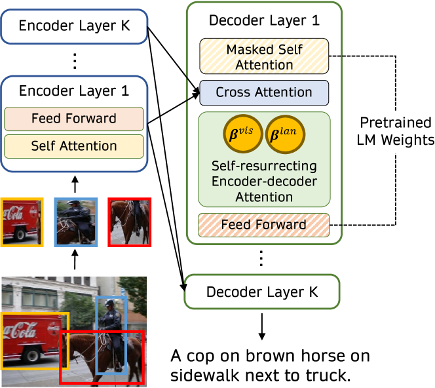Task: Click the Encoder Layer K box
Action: click(x=74, y=26)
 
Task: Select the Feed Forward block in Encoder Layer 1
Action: click(x=74, y=119)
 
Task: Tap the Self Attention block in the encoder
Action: click(x=74, y=145)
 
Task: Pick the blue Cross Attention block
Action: click(x=264, y=92)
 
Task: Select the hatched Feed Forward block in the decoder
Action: click(x=263, y=224)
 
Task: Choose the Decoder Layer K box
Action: click(x=263, y=292)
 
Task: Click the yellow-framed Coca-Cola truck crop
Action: click(x=22, y=222)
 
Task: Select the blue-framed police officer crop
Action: click(x=76, y=222)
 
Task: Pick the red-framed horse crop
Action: click(x=130, y=222)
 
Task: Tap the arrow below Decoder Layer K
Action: click(x=262, y=326)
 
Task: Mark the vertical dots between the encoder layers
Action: click(x=74, y=60)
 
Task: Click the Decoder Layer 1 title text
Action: click(x=263, y=20)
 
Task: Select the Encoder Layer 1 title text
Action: click(x=74, y=91)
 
